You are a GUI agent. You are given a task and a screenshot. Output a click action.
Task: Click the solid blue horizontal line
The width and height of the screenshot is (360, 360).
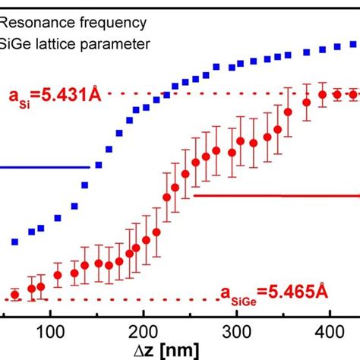click(46, 167)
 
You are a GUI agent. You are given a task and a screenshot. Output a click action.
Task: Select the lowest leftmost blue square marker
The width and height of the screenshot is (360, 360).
click(14, 242)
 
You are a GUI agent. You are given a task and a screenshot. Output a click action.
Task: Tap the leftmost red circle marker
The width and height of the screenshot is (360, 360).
click(14, 295)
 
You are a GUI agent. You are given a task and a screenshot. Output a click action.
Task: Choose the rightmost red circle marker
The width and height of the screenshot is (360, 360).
click(353, 94)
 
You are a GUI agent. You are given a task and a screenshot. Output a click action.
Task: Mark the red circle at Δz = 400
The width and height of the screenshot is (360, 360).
click(324, 95)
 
